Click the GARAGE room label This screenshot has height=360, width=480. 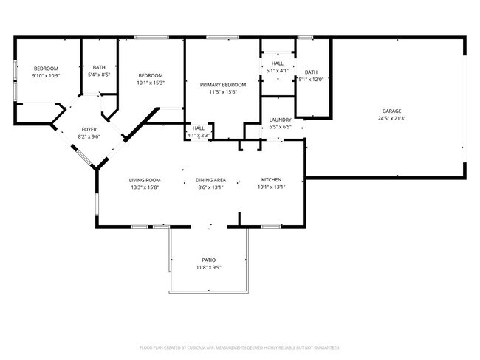[391, 111]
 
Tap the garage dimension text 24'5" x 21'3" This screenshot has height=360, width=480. [391, 118]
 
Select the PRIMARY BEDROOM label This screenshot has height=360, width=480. [222, 85]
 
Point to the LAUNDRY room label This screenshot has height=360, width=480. [280, 120]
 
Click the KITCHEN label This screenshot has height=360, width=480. [270, 180]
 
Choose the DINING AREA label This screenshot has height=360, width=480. [210, 180]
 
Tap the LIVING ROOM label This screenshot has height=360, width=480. [144, 180]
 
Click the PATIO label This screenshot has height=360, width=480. [209, 260]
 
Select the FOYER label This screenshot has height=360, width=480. [89, 129]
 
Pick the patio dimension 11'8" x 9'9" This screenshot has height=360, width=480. [209, 267]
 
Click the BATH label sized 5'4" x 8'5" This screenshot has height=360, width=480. [98, 67]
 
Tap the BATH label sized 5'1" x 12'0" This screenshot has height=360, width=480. [311, 72]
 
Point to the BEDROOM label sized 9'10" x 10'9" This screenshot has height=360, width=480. [45, 69]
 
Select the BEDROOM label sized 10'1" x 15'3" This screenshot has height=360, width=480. [151, 75]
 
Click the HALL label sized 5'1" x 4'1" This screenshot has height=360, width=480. [277, 63]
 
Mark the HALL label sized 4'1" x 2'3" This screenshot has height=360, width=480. [198, 128]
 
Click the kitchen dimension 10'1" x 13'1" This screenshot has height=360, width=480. [270, 187]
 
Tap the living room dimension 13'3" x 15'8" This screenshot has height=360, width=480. [144, 187]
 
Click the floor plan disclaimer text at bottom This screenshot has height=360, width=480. [239, 347]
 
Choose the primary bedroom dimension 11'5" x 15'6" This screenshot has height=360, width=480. [222, 92]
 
